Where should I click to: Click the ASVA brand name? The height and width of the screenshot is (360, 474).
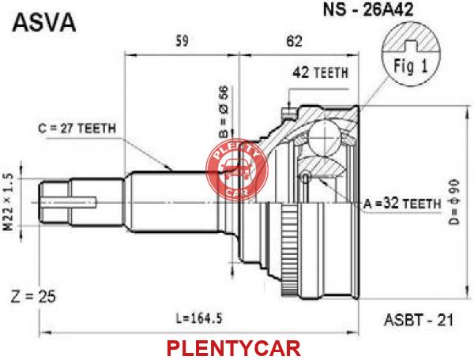pos(43,22)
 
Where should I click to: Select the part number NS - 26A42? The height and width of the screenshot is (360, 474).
pos(368,9)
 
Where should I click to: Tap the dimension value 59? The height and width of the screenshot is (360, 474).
pos(182,41)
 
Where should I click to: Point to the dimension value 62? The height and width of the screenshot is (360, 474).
pos(295,41)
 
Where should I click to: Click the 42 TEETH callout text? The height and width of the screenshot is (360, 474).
pos(321,73)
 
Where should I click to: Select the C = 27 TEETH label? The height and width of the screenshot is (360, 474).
pos(77,129)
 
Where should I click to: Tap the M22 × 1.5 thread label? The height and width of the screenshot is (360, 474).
pos(9,202)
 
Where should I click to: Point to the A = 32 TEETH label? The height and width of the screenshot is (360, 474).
pos(402,204)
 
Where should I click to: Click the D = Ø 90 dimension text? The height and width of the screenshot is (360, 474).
pos(453,202)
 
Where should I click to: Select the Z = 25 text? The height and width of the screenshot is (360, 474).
pos(33,297)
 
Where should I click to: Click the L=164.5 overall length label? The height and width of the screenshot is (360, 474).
pos(199,318)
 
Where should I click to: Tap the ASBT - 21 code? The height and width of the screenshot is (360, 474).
pos(419,321)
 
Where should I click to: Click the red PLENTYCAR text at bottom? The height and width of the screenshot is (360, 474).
pos(234,348)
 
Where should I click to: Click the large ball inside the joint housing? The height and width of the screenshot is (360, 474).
pos(323,137)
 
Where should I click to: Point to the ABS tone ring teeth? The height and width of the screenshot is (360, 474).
pos(285,249)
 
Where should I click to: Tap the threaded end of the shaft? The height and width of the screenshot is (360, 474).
pos(55,202)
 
